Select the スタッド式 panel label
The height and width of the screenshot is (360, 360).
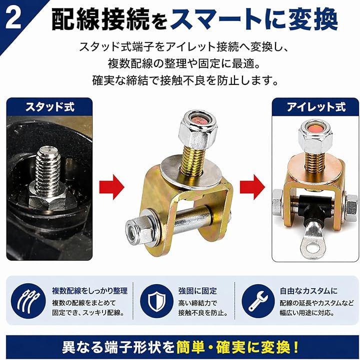49,107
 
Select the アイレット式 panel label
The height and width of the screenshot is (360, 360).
316,107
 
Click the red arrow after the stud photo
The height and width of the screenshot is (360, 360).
111,187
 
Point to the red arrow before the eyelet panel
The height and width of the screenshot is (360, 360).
252,187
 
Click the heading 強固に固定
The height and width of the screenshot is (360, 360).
197,291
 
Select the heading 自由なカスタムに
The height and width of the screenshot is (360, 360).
308,291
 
